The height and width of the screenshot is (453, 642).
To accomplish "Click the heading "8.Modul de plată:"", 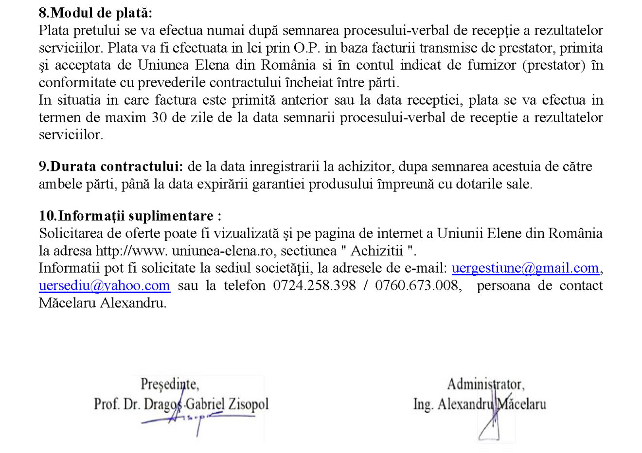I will (x=95, y=13).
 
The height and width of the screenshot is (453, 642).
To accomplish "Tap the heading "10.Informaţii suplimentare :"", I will (x=130, y=216).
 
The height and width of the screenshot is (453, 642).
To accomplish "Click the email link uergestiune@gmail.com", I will (x=525, y=268).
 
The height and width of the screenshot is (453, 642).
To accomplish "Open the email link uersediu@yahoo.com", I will (x=105, y=286).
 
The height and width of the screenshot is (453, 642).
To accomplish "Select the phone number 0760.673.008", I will (x=416, y=286).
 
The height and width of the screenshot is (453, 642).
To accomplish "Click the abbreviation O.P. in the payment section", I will (x=306, y=48).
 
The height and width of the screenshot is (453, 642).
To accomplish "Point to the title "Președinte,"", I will (x=170, y=384).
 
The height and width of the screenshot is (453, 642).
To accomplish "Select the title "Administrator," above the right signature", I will (x=485, y=384).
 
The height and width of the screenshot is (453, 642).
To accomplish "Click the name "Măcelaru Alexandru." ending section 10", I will (x=103, y=303).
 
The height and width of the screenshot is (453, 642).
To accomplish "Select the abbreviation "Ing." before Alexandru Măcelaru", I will (x=423, y=404).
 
